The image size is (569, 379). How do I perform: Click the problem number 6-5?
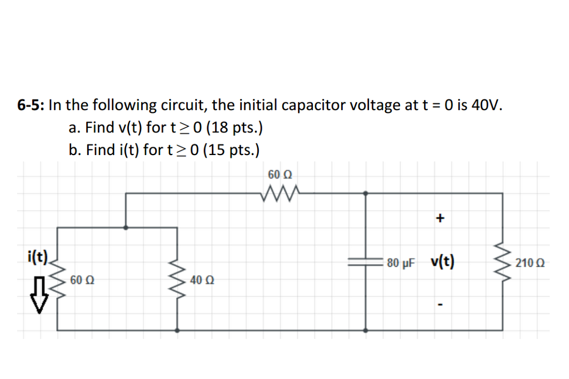pos(31,105)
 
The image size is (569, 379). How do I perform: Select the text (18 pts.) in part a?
pos(233,128)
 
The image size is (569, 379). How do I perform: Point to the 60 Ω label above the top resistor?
pos(280,175)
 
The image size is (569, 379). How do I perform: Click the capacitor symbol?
pos(365,263)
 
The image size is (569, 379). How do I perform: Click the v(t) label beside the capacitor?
pos(442,262)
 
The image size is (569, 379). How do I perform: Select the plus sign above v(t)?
pos(440,219)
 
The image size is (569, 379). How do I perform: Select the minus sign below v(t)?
pos(440,305)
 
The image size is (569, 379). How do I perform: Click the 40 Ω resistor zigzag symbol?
pos(178,279)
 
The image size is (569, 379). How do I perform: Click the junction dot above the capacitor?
pos(365,193)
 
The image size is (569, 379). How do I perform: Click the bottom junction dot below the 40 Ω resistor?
pos(178,330)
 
